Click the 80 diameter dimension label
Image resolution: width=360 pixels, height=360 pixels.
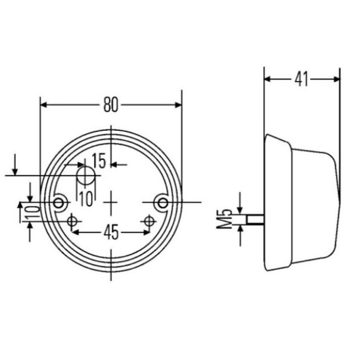(110, 104)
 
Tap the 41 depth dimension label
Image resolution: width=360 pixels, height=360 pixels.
(301, 79)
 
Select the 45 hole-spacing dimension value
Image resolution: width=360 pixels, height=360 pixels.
(111, 232)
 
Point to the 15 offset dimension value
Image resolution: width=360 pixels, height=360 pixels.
(99, 160)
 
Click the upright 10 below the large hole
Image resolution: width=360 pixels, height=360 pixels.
(86, 199)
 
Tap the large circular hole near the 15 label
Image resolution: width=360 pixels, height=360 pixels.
(86, 176)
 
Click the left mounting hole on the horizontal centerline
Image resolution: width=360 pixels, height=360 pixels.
(59, 203)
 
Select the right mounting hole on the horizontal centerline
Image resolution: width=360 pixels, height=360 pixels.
(163, 203)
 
